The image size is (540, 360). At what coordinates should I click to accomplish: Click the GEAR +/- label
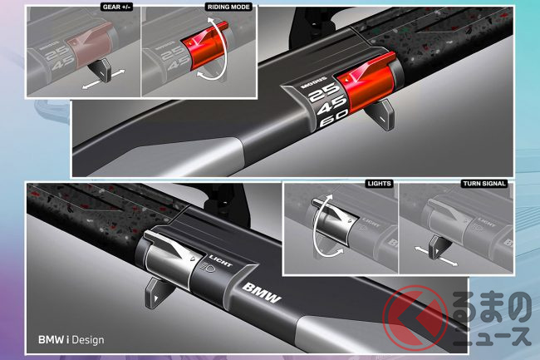click(117, 7)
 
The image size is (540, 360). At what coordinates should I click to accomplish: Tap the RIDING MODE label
click(228, 7)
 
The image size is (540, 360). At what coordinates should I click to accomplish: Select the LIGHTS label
click(379, 184)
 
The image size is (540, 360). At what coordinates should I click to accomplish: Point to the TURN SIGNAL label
click(484, 184)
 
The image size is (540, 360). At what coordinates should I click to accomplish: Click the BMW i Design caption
click(71, 340)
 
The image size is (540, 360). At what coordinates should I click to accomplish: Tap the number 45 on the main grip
click(331, 106)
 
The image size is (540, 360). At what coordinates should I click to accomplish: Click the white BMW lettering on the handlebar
click(262, 293)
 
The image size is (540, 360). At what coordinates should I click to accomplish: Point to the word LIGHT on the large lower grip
click(221, 261)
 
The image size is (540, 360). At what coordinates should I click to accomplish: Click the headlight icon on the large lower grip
click(208, 267)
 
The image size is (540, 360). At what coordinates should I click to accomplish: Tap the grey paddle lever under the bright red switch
click(380, 116)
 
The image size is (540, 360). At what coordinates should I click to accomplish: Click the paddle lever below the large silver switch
click(157, 293)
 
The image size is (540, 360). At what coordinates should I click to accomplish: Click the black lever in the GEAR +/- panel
click(101, 70)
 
